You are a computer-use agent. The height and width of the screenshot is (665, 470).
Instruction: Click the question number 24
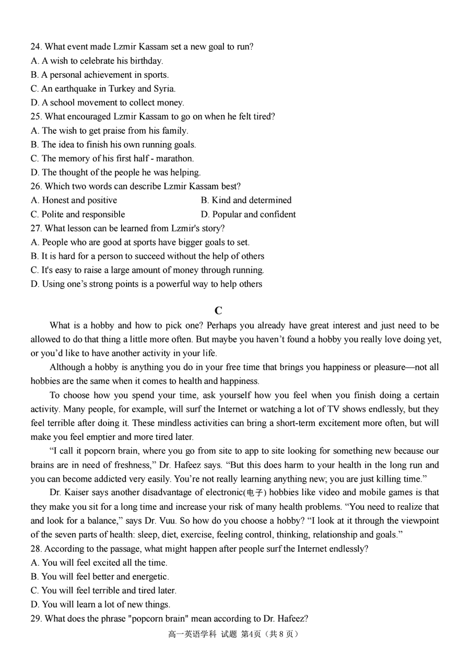[x=36, y=46]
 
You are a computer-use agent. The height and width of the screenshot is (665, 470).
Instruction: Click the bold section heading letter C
[x=218, y=310]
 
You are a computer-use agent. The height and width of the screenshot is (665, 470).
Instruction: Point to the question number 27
[x=36, y=228]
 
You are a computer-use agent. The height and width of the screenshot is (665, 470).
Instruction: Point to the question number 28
[x=36, y=549]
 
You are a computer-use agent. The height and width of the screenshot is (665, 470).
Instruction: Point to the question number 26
[x=36, y=186]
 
